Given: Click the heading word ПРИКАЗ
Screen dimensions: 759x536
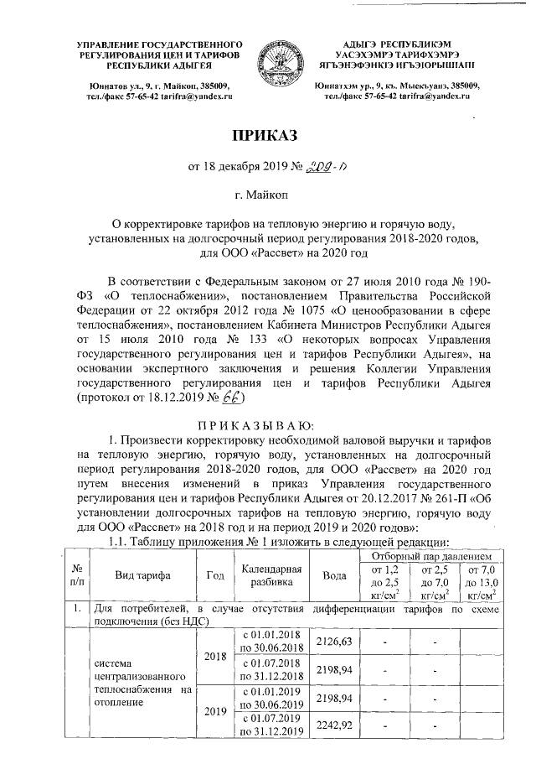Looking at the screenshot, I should tap(267, 136).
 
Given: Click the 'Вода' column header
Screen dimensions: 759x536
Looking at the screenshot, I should tap(333, 574).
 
